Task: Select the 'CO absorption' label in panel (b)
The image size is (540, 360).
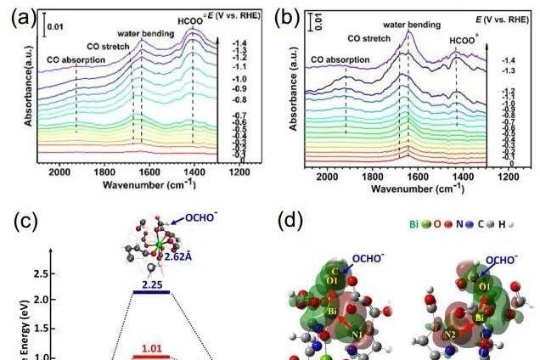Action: click(340, 60)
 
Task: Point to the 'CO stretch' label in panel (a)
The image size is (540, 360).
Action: click(108, 46)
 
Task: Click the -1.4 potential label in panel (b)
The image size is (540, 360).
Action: click(508, 61)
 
